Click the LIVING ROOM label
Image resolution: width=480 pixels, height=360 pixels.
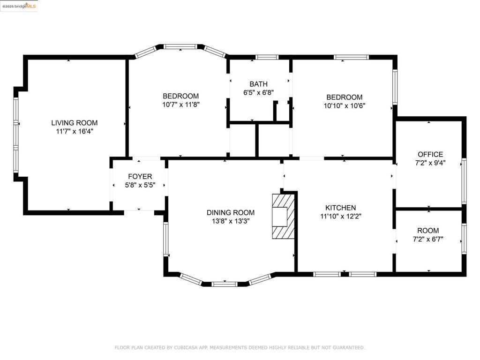(75, 123)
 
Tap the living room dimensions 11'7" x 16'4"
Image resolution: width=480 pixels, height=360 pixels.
(75, 131)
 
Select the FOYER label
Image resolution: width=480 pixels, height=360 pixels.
(140, 176)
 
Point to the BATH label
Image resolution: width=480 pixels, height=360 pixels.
(258, 84)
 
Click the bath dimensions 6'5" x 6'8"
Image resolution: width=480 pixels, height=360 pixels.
(258, 92)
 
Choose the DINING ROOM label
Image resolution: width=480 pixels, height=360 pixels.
(231, 212)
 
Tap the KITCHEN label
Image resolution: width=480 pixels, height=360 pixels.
(340, 208)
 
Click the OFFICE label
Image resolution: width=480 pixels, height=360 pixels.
(430, 154)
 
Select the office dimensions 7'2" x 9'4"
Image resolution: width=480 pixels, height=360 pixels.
(430, 163)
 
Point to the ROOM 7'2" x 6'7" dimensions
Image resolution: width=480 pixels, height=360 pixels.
(428, 239)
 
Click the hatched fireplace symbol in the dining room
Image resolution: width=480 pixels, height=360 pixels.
(283, 216)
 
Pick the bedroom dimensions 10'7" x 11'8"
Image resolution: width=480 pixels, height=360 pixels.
(180, 105)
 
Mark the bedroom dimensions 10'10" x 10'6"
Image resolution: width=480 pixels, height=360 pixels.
(345, 105)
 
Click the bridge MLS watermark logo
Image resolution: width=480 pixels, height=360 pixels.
(19, 6)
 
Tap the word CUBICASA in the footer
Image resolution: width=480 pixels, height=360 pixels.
(185, 347)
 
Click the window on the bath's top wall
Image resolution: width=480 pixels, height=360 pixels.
(267, 57)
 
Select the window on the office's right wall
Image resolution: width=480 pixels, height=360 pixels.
(464, 181)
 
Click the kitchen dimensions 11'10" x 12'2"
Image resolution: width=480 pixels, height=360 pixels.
(340, 216)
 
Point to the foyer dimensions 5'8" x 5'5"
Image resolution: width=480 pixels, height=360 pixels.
(140, 185)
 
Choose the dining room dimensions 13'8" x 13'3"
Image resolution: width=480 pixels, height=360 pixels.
(231, 221)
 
